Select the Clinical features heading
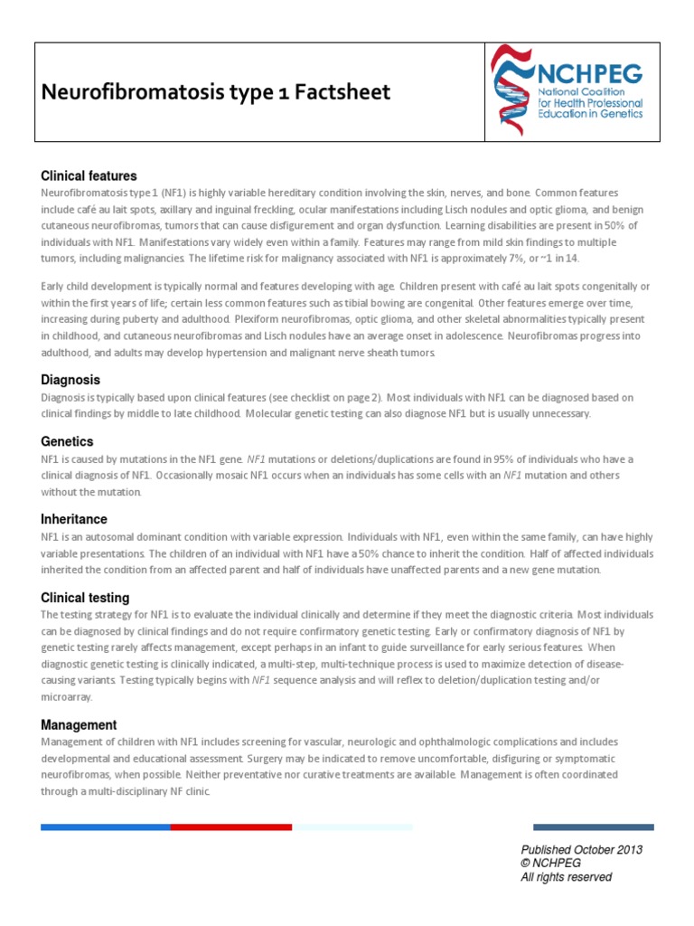(x=89, y=175)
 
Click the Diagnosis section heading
(x=70, y=380)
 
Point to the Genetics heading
(x=67, y=441)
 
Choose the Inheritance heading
(x=74, y=519)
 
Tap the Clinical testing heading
(x=85, y=598)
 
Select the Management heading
(x=79, y=725)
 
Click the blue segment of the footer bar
(x=106, y=827)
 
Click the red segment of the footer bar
(x=231, y=827)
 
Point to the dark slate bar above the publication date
(x=593, y=827)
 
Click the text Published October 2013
(x=581, y=850)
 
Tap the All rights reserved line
(x=567, y=877)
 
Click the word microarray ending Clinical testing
(x=66, y=697)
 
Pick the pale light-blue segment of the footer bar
(x=352, y=827)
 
